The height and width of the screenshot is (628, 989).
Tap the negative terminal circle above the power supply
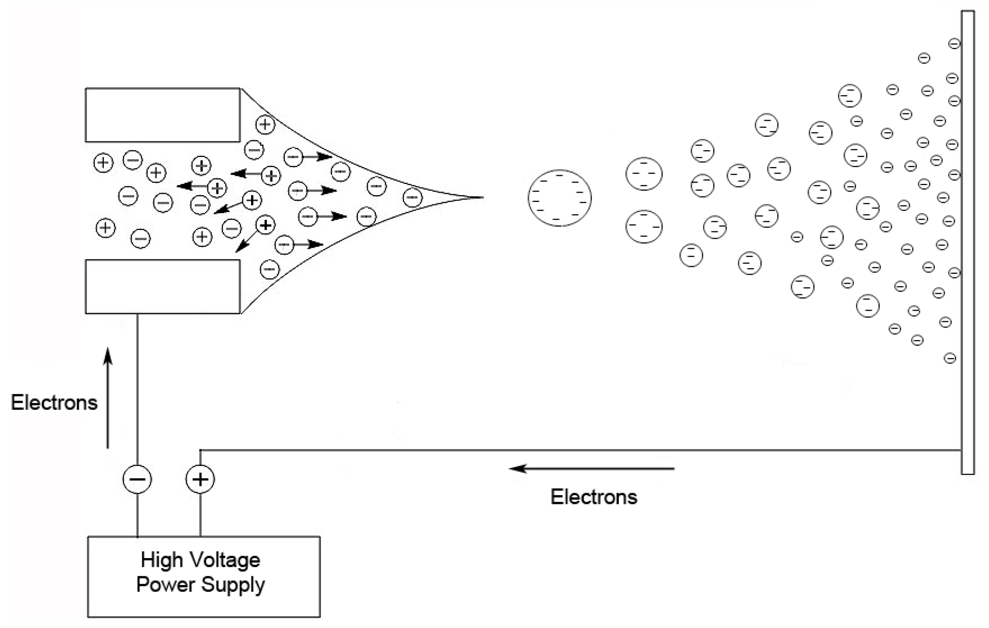[137, 479]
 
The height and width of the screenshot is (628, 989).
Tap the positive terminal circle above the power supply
[200, 479]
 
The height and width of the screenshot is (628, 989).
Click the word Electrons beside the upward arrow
[54, 403]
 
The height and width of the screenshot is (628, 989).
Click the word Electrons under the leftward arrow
[593, 497]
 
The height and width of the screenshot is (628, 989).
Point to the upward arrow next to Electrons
[108, 399]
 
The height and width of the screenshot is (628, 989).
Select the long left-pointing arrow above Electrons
[592, 468]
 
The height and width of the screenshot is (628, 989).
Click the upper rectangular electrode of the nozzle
[163, 115]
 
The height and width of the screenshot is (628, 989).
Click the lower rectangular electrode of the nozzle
[163, 286]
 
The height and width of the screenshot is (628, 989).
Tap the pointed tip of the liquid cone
[481, 197]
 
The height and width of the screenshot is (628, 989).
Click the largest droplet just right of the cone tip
[559, 198]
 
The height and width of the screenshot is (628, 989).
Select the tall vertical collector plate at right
[967, 243]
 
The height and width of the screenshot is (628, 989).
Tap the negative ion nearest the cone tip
[412, 197]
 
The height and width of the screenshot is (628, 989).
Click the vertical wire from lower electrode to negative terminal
[137, 388]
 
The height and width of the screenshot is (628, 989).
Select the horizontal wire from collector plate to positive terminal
[578, 450]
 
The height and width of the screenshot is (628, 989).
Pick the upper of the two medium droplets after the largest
[644, 174]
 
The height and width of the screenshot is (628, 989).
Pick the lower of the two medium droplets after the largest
[644, 226]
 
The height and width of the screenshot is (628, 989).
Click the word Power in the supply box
[165, 584]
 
